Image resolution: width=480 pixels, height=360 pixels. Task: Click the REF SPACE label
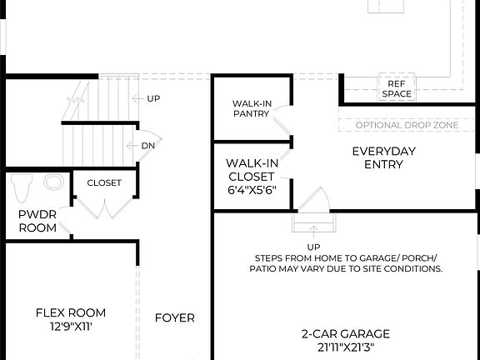coord(397,89)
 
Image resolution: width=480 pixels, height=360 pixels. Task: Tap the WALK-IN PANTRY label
coord(250,108)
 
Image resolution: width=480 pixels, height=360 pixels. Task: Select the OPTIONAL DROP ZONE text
coord(407,125)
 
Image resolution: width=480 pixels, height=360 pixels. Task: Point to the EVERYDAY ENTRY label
coord(383,157)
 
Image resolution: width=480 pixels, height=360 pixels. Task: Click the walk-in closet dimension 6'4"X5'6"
coord(251,190)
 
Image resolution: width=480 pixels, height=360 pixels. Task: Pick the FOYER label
coord(175,317)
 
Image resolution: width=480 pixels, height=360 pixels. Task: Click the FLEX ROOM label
coord(70,312)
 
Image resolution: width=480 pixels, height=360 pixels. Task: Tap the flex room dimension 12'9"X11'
coord(70,327)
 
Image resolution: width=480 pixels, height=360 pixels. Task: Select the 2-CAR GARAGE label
coord(346,333)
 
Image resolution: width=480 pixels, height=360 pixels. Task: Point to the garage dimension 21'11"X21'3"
coord(346,347)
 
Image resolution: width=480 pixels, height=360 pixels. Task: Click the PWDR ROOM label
coord(37,221)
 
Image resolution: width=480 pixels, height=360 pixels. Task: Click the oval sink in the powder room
coord(54,181)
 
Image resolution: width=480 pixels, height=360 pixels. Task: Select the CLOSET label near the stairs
coord(104,182)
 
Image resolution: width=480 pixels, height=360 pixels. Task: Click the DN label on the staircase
coord(148,145)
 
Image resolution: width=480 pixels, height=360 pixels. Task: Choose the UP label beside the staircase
coord(153,98)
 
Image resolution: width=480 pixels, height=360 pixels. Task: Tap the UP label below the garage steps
coord(314,247)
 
